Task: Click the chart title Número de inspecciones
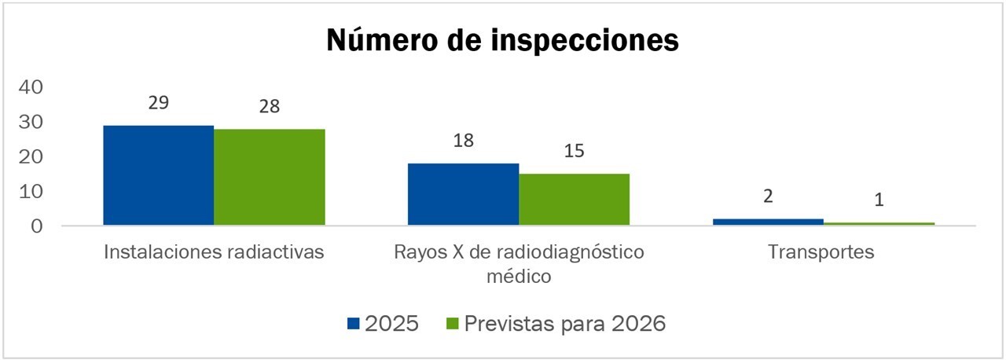(x=502, y=41)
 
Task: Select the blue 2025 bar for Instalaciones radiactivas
(x=158, y=175)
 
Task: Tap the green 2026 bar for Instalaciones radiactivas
(x=269, y=177)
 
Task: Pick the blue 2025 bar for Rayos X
(x=463, y=194)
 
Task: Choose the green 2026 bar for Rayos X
(x=574, y=200)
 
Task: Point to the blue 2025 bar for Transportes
(x=768, y=222)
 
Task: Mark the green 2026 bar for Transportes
(x=879, y=224)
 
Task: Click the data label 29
(x=158, y=103)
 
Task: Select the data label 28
(x=269, y=106)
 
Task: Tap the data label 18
(x=463, y=141)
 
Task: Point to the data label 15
(x=574, y=150)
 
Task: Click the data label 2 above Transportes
(x=768, y=197)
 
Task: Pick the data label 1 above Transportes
(x=879, y=200)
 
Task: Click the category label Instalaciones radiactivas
(x=214, y=252)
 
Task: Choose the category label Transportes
(x=821, y=252)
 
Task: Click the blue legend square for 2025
(x=353, y=323)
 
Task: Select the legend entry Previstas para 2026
(x=564, y=323)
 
